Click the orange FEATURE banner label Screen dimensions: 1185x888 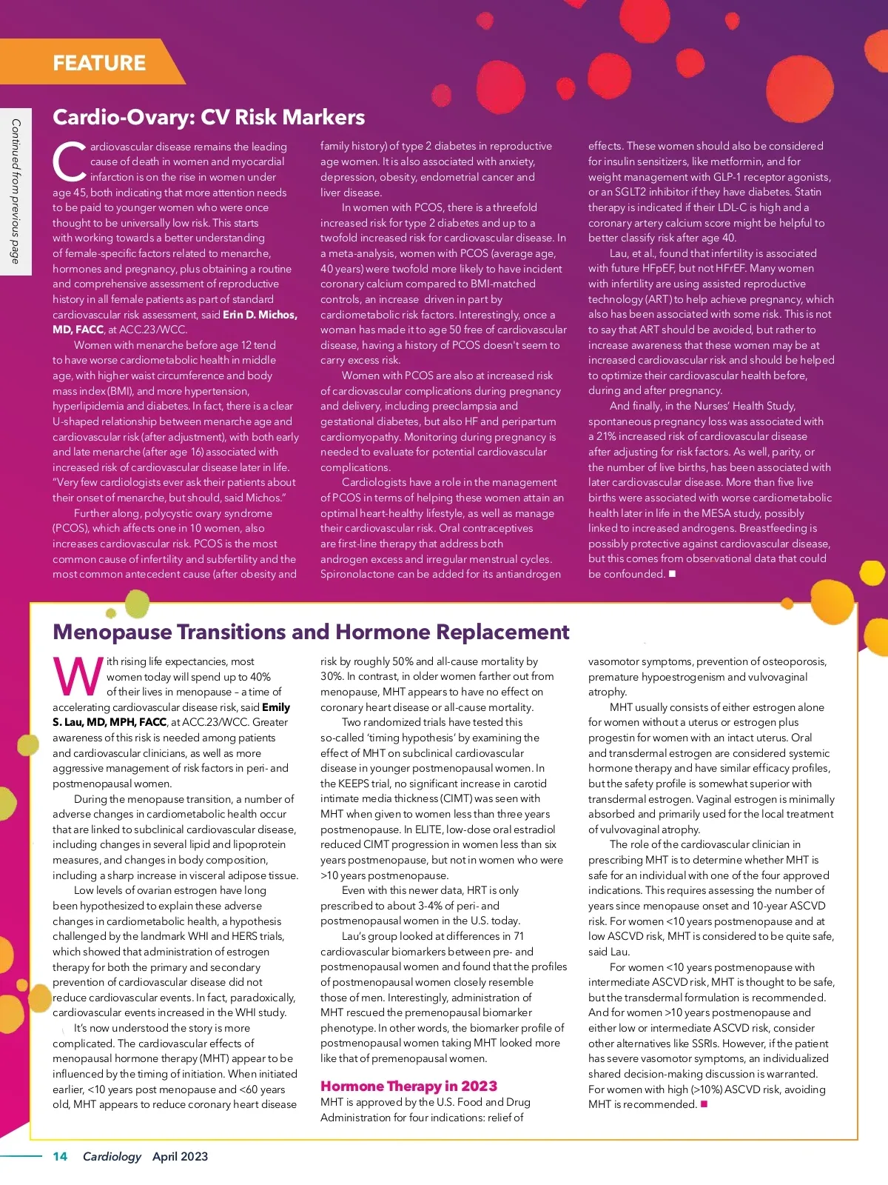(x=99, y=63)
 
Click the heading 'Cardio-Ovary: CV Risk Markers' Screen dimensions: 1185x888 (x=209, y=117)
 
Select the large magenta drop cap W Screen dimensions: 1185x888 (x=78, y=675)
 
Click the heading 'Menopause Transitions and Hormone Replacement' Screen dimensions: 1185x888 (x=311, y=632)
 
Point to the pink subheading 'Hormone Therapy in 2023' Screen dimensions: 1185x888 (x=408, y=1086)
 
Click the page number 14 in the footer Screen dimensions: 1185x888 (x=60, y=1156)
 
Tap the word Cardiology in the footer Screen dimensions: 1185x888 (x=112, y=1156)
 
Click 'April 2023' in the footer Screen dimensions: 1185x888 (x=180, y=1156)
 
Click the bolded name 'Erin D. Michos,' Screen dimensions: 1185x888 (x=260, y=314)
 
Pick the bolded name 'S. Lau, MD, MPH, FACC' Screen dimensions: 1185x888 (x=110, y=722)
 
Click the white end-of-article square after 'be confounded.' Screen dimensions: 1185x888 (x=672, y=573)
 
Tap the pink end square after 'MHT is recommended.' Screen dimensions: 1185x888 (x=704, y=1104)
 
